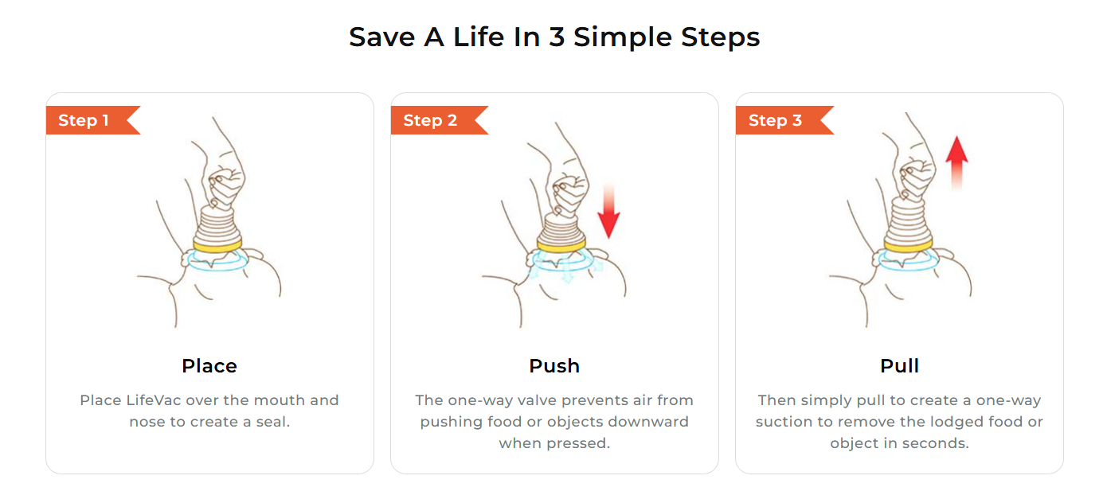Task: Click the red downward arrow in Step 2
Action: click(608, 212)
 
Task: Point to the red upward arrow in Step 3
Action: click(956, 162)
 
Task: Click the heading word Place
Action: click(209, 366)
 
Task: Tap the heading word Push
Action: click(554, 366)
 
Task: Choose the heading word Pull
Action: click(900, 366)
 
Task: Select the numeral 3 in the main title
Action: click(557, 37)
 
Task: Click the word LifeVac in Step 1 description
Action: click(153, 400)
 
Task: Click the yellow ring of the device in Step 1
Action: click(217, 246)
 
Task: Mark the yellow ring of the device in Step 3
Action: click(908, 246)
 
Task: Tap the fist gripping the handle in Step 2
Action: click(570, 194)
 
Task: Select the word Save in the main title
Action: click(381, 37)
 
